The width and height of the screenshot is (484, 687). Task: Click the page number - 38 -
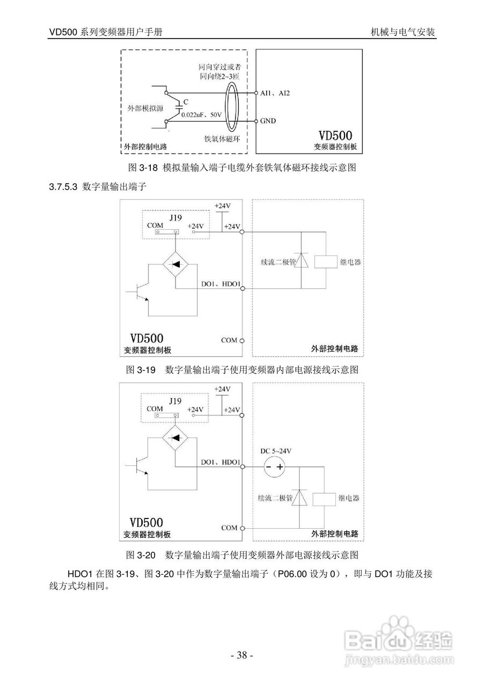241,655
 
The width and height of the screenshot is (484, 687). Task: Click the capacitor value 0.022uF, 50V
201,114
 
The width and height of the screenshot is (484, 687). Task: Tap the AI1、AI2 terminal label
275,93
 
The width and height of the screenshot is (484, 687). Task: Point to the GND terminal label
268,121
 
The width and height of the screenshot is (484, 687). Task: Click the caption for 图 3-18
241,167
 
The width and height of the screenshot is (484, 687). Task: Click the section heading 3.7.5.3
97,187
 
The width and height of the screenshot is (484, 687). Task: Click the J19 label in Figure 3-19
175,217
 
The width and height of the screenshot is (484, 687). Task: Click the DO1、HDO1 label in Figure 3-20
220,462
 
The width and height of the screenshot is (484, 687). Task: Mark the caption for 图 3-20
241,554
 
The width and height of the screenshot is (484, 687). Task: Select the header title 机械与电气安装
402,32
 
